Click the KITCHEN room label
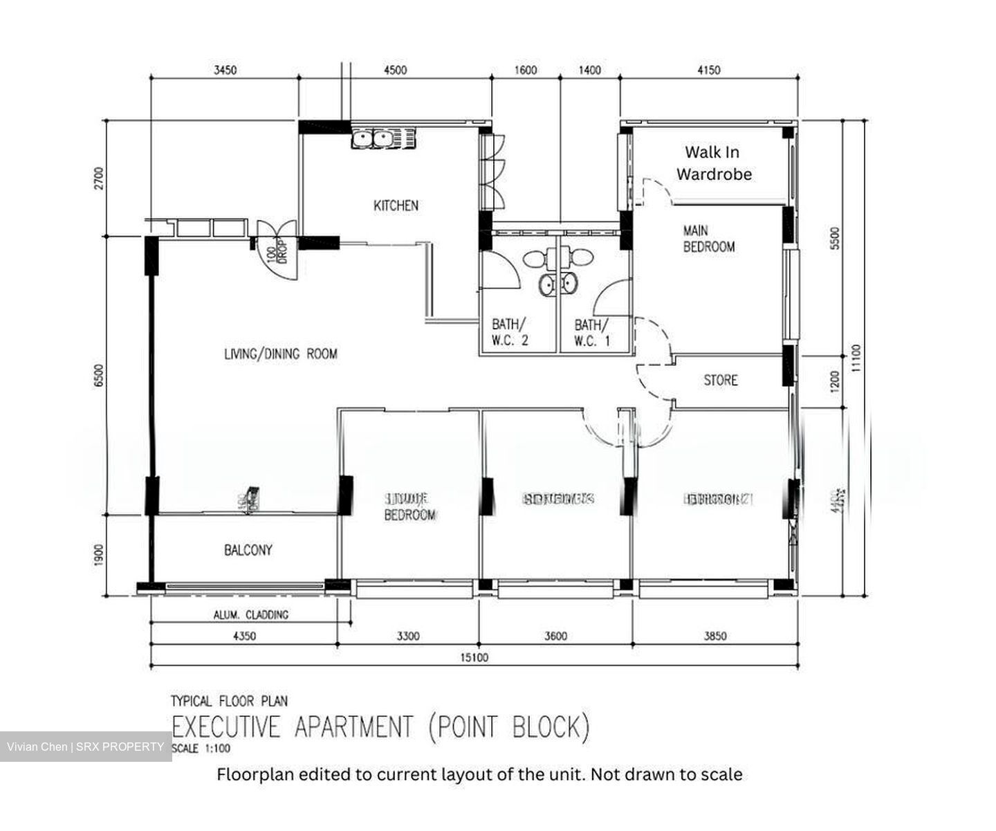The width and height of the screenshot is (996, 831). [x=396, y=206]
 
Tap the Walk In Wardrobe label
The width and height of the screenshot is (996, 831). [x=713, y=163]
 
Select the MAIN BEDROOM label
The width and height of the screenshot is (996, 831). [x=708, y=239]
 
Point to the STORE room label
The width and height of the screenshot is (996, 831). [x=720, y=380]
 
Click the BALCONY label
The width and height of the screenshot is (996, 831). [x=248, y=550]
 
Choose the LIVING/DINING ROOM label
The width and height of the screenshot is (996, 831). [x=281, y=354]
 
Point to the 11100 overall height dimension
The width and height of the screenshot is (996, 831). [x=857, y=358]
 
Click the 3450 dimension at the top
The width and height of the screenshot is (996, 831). [x=225, y=70]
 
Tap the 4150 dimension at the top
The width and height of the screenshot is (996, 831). [x=708, y=70]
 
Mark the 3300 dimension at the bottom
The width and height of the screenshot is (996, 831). [x=407, y=636]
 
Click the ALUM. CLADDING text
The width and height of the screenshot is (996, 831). [x=251, y=614]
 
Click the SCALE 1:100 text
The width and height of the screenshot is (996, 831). [x=201, y=749]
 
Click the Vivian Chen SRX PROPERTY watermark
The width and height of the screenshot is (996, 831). [x=86, y=747]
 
